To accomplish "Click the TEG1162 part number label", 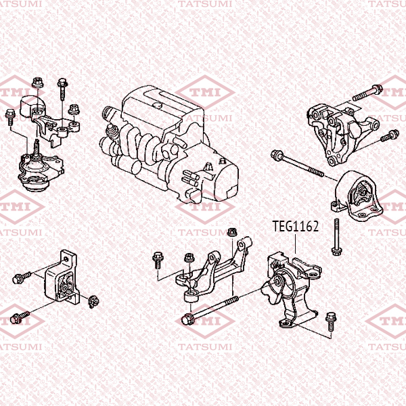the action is tap(296, 226).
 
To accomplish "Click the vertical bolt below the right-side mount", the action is tap(336, 237).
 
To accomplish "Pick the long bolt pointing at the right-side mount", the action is tap(297, 164).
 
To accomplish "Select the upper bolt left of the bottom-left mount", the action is tap(22, 277).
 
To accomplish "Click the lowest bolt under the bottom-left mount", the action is tap(20, 317).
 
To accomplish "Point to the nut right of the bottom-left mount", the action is tap(93, 302).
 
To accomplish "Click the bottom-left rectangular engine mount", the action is tap(62, 277).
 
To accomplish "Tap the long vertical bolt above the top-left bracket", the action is tap(62, 89).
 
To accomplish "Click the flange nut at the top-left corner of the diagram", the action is tap(38, 83).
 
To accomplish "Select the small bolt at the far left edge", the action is tap(10, 117).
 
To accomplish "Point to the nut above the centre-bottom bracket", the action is tap(232, 232).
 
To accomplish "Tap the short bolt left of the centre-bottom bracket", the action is tap(157, 261).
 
